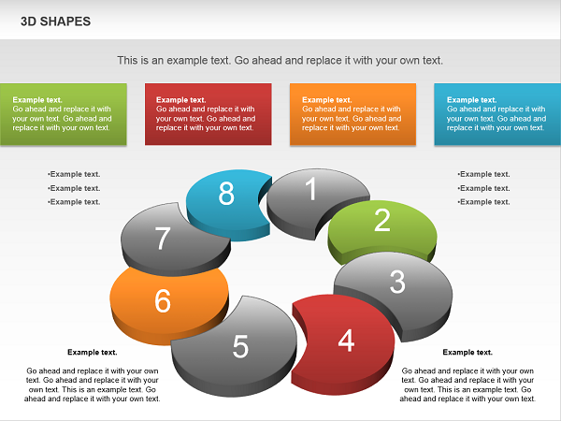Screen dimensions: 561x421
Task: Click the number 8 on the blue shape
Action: pyautogui.click(x=226, y=194)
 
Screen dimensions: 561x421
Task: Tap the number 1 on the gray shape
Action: pyautogui.click(x=311, y=188)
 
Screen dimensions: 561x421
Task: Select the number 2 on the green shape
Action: pyautogui.click(x=382, y=220)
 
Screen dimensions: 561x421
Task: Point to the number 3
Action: pyautogui.click(x=397, y=282)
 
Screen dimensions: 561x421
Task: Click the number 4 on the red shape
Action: pyautogui.click(x=346, y=341)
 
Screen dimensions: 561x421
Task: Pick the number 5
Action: pyautogui.click(x=240, y=346)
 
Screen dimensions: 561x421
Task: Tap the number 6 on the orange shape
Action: pyautogui.click(x=163, y=300)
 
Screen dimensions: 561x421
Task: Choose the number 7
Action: pyautogui.click(x=163, y=239)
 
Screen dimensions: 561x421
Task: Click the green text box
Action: pyautogui.click(x=64, y=114)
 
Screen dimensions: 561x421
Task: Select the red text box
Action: pyautogui.click(x=209, y=114)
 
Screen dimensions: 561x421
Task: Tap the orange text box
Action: pyautogui.click(x=352, y=114)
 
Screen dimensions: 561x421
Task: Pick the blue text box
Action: pyautogui.click(x=497, y=114)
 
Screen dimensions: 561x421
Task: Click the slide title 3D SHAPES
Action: pyautogui.click(x=55, y=22)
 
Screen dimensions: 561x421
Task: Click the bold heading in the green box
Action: pyautogui.click(x=37, y=100)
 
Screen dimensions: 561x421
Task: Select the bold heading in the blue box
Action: pyautogui.click(x=471, y=100)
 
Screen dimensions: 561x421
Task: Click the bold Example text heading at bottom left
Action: pyautogui.click(x=93, y=353)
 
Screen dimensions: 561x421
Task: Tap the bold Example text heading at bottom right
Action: pyautogui.click(x=467, y=353)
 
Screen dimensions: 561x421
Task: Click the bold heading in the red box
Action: pyautogui.click(x=180, y=100)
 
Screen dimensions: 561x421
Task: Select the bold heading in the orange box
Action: pyautogui.click(x=327, y=100)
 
